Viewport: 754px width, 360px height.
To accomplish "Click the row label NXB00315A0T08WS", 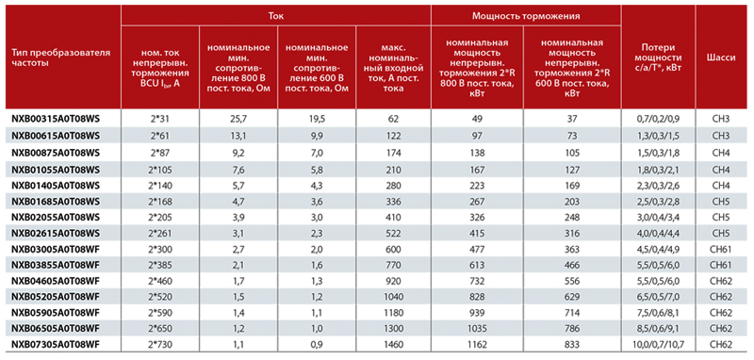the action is (x=56, y=119).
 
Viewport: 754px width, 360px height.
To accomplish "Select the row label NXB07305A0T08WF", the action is (x=56, y=344).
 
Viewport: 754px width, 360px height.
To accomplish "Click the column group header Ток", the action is (x=276, y=15).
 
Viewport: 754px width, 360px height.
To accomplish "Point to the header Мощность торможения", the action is (x=526, y=15).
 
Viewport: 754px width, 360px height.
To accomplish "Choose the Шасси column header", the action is (x=720, y=57).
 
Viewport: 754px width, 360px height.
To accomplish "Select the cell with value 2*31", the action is (x=160, y=119).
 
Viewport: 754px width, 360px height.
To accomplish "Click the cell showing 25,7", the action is (x=238, y=119).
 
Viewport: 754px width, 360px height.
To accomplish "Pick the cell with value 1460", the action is (x=393, y=344).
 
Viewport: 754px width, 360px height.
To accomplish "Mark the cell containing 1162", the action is (x=478, y=344).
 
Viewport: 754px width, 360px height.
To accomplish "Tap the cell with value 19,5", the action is (x=317, y=119).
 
